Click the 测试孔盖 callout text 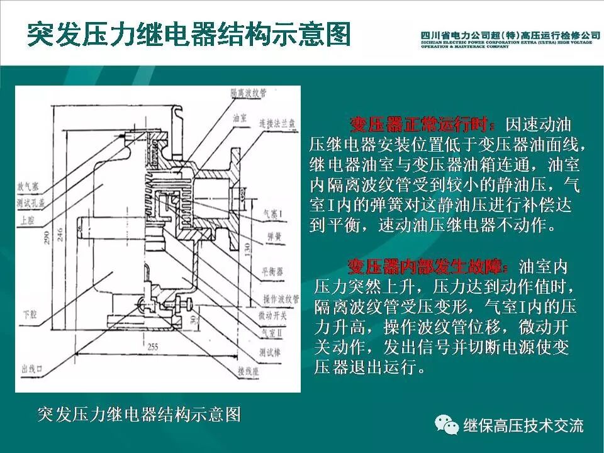click(31, 203)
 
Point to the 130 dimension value click(251, 250)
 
